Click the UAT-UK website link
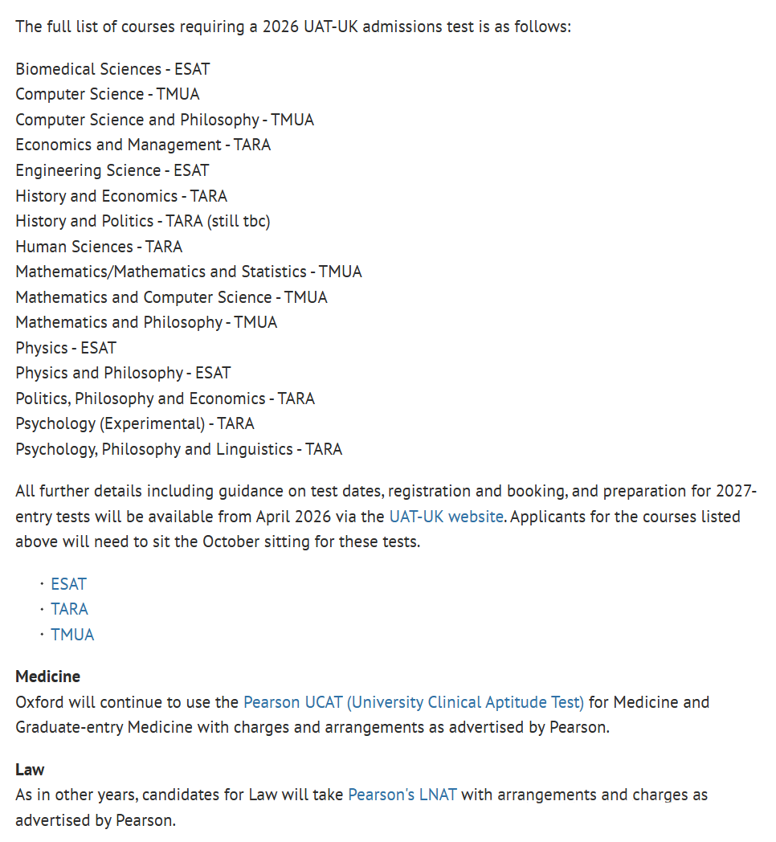click(446, 516)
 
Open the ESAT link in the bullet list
click(68, 584)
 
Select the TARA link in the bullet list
click(69, 609)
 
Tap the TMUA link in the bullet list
click(72, 635)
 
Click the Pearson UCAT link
click(414, 702)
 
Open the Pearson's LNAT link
click(402, 795)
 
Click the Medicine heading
click(48, 676)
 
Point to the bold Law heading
click(30, 770)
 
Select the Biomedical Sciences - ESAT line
click(112, 69)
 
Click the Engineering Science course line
click(112, 170)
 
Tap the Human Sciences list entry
click(99, 247)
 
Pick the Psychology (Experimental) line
click(135, 423)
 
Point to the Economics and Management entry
click(143, 145)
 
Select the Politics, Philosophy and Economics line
click(165, 399)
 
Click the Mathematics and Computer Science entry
click(171, 297)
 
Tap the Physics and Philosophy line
click(123, 373)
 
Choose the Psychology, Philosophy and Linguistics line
click(178, 449)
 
